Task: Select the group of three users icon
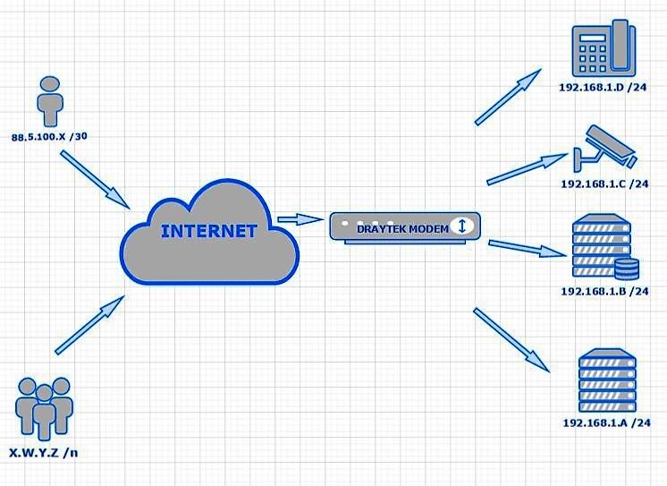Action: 44,408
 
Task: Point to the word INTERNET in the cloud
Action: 208,230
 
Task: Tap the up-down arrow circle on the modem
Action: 461,226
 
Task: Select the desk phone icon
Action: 603,49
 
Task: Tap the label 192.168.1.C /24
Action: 604,183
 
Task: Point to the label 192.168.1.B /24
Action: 604,291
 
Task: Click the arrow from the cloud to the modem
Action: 300,219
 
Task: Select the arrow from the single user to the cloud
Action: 95,175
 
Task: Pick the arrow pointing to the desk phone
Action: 509,97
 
